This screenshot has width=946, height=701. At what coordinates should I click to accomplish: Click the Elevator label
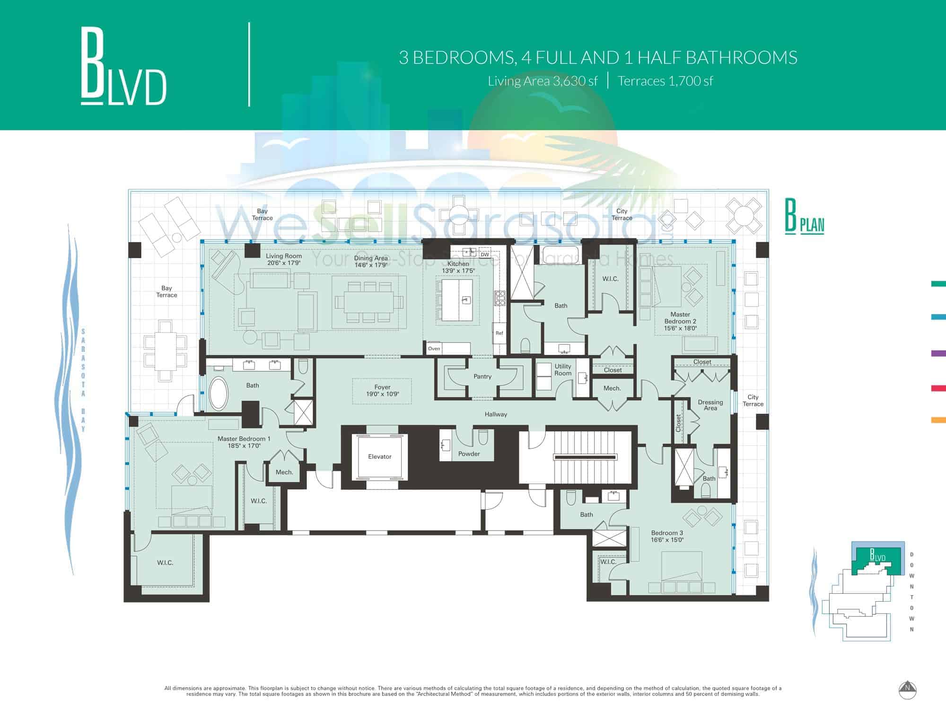380,456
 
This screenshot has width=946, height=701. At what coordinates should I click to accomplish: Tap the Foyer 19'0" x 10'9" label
382,390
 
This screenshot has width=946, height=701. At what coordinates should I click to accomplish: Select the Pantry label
482,377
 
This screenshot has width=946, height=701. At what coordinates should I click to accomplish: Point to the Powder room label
469,454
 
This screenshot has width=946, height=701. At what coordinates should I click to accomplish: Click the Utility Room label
563,369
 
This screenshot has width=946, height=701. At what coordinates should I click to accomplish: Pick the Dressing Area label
710,405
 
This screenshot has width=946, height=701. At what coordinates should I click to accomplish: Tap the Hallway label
496,414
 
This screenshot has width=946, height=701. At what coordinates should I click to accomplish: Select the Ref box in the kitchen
499,333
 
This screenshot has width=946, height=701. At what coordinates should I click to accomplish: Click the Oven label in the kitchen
434,349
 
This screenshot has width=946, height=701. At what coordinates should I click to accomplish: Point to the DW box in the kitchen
485,254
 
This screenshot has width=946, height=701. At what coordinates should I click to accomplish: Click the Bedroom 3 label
667,536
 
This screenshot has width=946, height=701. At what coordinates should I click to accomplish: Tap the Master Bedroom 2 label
680,321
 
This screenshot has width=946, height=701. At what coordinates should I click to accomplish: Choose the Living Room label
284,259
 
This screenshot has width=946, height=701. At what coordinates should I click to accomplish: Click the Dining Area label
371,262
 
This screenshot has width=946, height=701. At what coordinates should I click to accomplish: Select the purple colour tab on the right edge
938,353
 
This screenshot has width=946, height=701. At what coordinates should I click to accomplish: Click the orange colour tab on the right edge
938,420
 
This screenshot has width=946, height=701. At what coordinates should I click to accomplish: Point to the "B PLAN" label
805,218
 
